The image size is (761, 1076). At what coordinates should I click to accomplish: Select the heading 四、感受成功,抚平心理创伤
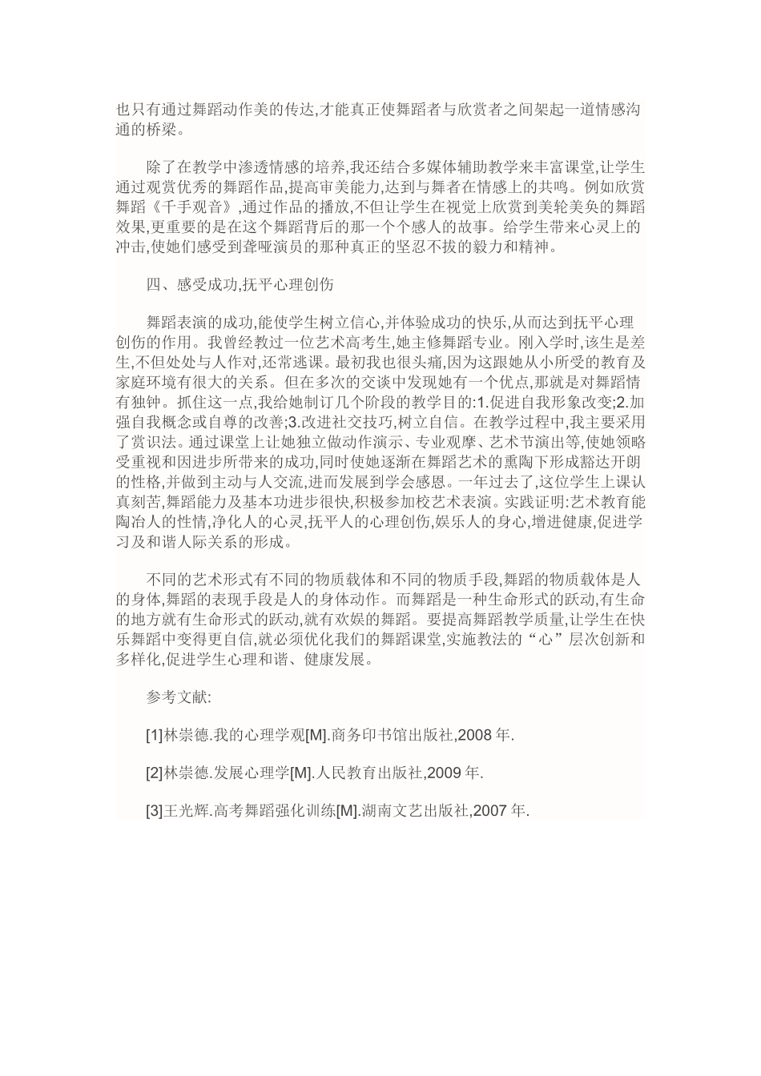pyautogui.click(x=240, y=285)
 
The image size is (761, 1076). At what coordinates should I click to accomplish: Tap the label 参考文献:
pyautogui.click(x=178, y=697)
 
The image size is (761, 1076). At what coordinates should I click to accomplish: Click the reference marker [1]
pyautogui.click(x=154, y=735)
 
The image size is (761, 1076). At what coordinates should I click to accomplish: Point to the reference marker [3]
pyautogui.click(x=154, y=811)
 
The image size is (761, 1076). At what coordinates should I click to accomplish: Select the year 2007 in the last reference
pyautogui.click(x=490, y=811)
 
